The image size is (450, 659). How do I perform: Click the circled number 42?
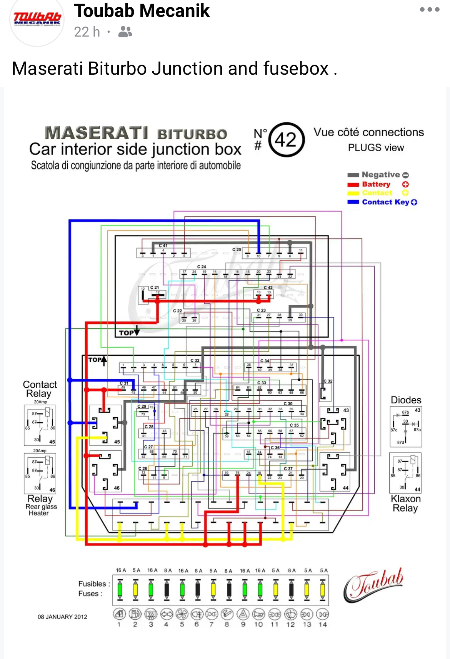pos(286,140)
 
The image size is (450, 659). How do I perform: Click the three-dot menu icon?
pos(429,10)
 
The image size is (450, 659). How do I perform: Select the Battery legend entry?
pos(376,184)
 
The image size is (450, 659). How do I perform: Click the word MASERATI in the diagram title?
pos(97,133)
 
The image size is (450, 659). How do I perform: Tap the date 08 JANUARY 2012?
pos(62,617)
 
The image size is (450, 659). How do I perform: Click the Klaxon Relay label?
pos(405,503)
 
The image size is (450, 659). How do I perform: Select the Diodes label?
pos(406,400)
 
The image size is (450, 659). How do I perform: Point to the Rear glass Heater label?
pos(40,510)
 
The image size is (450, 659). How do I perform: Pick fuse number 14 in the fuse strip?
pos(323,589)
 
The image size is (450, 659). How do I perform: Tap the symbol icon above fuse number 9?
pos(243,614)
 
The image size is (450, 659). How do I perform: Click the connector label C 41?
pos(163,246)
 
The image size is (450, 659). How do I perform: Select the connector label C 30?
pos(288,403)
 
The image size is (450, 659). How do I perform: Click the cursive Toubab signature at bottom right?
pos(373,585)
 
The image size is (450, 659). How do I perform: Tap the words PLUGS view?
pos(376,148)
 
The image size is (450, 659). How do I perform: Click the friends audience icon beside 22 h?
pos(125,32)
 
